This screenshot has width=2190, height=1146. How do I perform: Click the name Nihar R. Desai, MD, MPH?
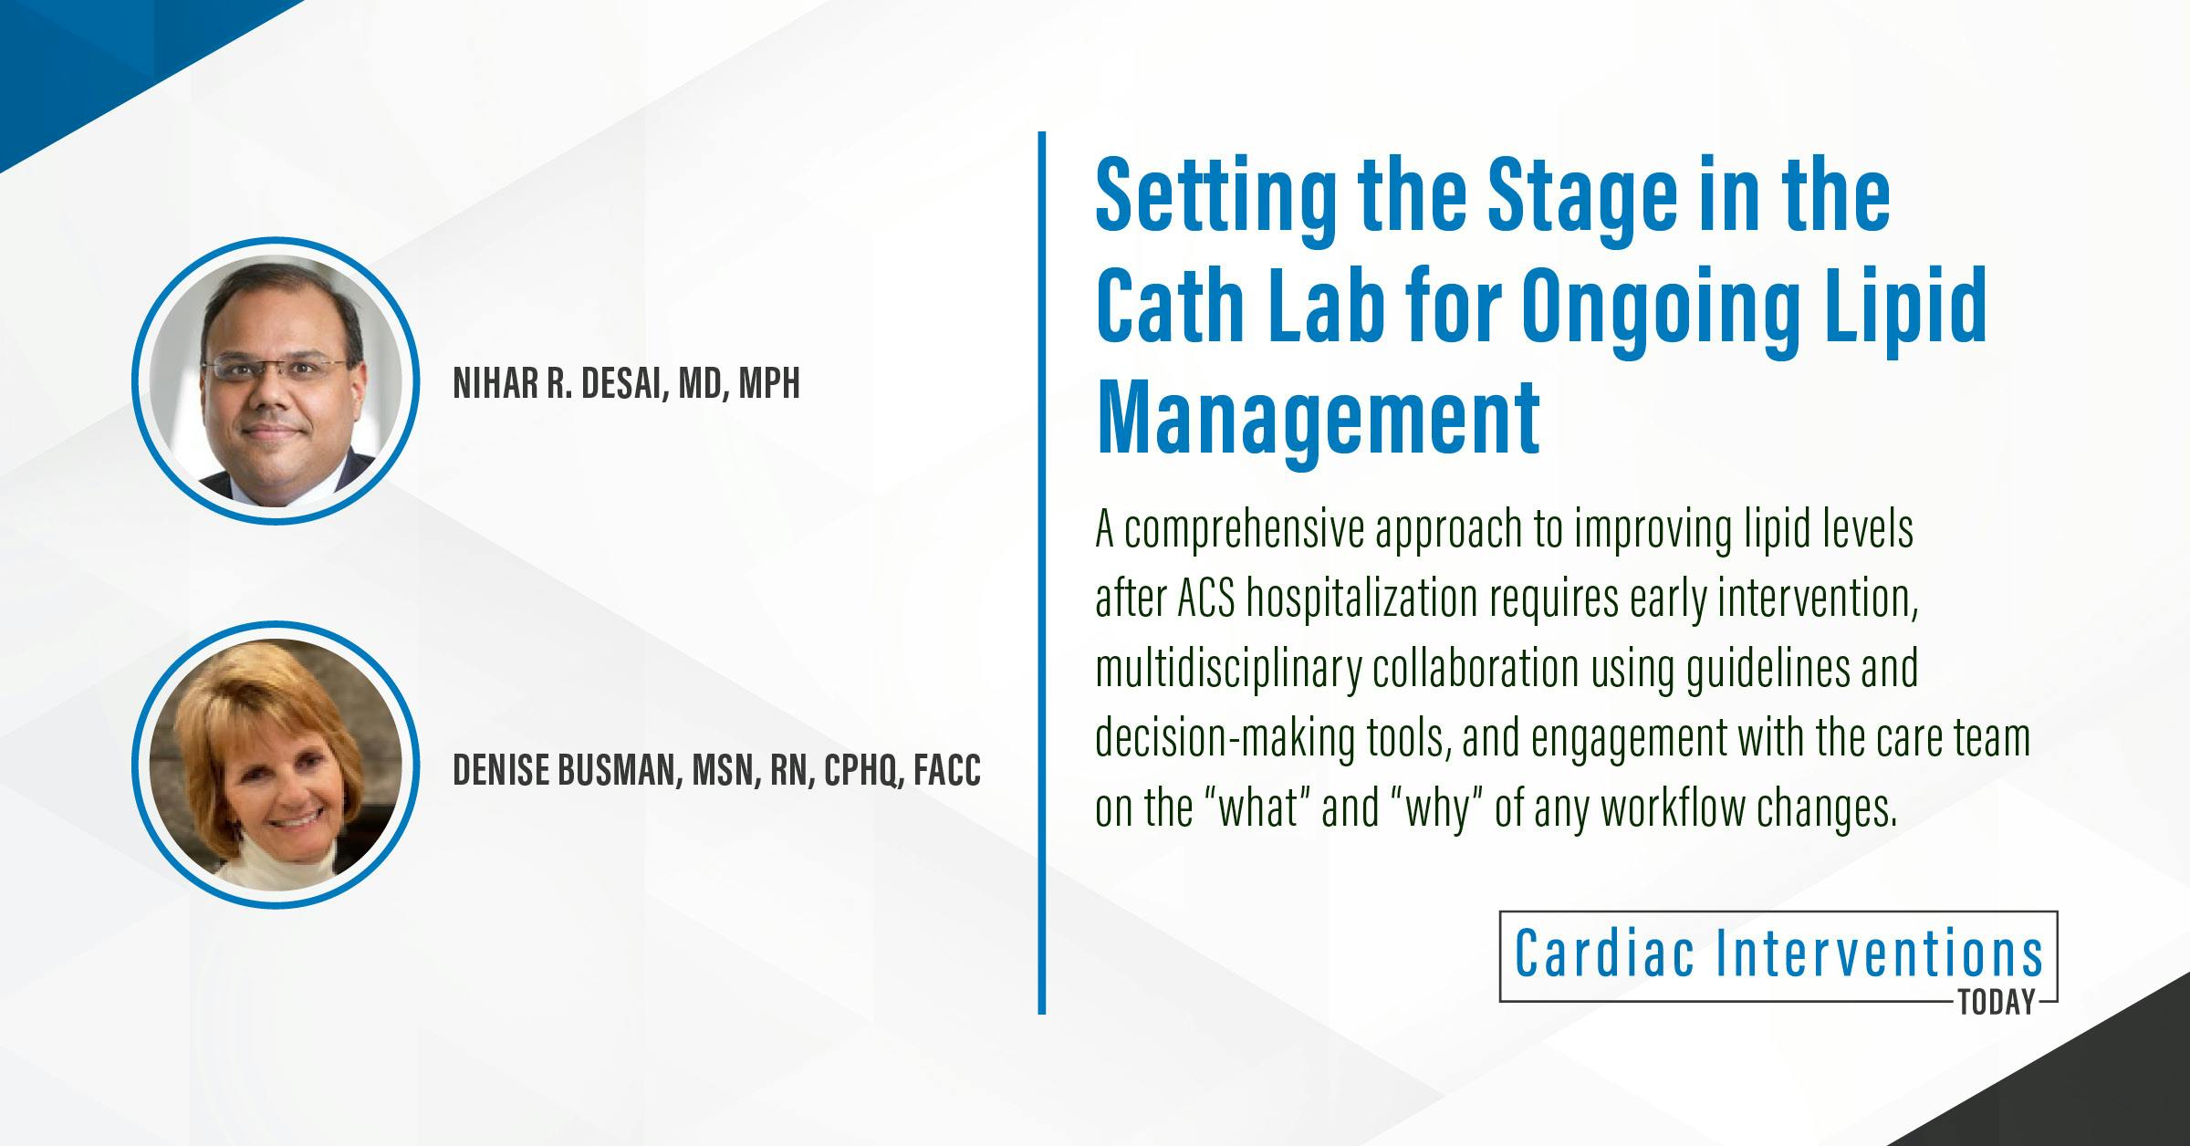(x=626, y=384)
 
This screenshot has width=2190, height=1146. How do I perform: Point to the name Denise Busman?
(x=563, y=771)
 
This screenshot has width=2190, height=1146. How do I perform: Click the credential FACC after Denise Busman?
(x=945, y=771)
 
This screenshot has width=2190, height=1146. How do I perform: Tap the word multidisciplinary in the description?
(x=1228, y=669)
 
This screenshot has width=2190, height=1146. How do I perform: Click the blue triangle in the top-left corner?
(x=91, y=55)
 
